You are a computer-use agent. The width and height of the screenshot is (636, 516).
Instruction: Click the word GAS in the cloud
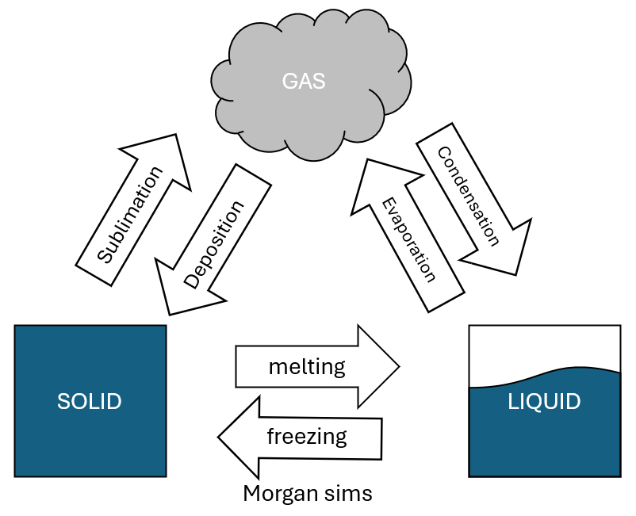(x=304, y=82)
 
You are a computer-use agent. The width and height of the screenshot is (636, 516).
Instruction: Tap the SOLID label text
(x=89, y=401)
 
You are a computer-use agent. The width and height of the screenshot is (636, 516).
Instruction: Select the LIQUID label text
(x=544, y=401)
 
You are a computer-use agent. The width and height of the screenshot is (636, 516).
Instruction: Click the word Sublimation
(x=130, y=215)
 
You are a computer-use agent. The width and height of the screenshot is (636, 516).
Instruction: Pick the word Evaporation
(x=409, y=239)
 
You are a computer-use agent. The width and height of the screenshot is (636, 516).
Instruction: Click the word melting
(x=307, y=367)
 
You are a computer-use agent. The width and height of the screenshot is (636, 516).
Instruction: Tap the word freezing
(x=307, y=435)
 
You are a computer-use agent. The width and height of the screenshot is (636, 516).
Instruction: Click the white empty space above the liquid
(x=544, y=349)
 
